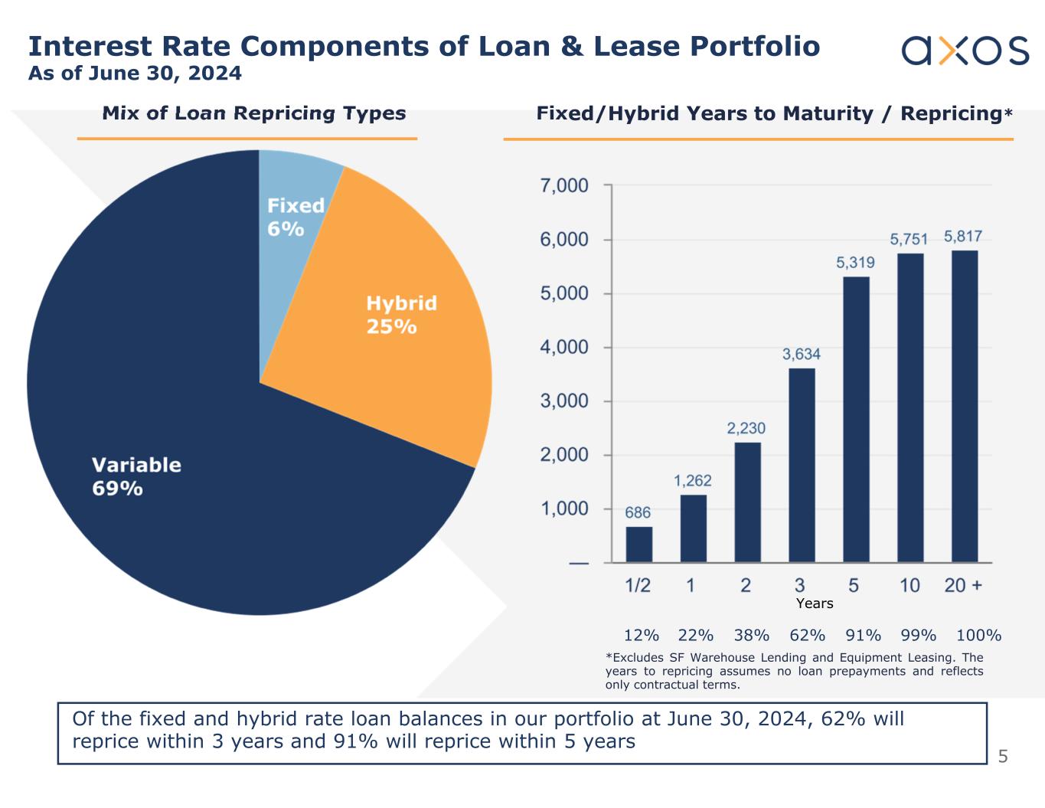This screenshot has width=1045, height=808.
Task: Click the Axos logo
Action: coord(965,50)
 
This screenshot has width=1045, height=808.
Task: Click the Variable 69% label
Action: coord(136,476)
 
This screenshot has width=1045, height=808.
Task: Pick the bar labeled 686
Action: coord(639,545)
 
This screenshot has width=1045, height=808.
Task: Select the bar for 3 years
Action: coord(802,465)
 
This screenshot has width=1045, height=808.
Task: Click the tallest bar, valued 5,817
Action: coord(964,406)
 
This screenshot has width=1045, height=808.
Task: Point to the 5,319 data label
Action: coord(855,263)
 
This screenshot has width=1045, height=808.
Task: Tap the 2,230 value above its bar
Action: coord(746,428)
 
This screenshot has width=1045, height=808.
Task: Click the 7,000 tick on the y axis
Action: coord(565,186)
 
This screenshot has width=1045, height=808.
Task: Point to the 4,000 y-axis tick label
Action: coord(565,348)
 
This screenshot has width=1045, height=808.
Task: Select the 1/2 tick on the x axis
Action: coord(638,586)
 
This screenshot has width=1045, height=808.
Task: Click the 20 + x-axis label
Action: coord(963,586)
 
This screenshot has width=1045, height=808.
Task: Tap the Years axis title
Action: coord(814,604)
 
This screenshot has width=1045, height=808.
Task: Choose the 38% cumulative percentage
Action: coord(751,635)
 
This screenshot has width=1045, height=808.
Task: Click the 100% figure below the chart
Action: coord(978,635)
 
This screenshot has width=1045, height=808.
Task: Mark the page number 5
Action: coord(1003,757)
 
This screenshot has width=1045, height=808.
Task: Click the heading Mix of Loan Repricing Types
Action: coord(254,113)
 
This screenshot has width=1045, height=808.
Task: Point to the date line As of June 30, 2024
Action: coord(135,74)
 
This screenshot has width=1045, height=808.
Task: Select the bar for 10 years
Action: coord(910,407)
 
